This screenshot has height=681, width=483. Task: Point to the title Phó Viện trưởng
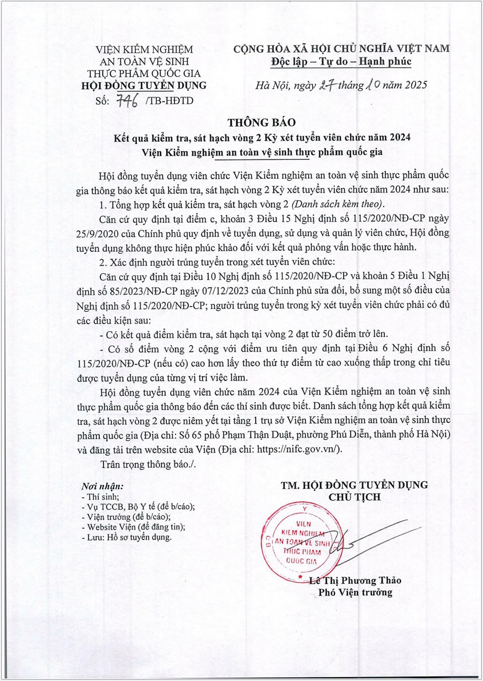tap(355, 592)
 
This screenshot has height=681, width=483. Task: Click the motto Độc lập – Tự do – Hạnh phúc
tap(340, 62)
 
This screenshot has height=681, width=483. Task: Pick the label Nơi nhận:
tap(102, 486)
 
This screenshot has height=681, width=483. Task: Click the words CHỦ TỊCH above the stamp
tap(354, 497)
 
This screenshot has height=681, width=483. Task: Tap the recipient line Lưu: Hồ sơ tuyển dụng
tap(126, 537)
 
